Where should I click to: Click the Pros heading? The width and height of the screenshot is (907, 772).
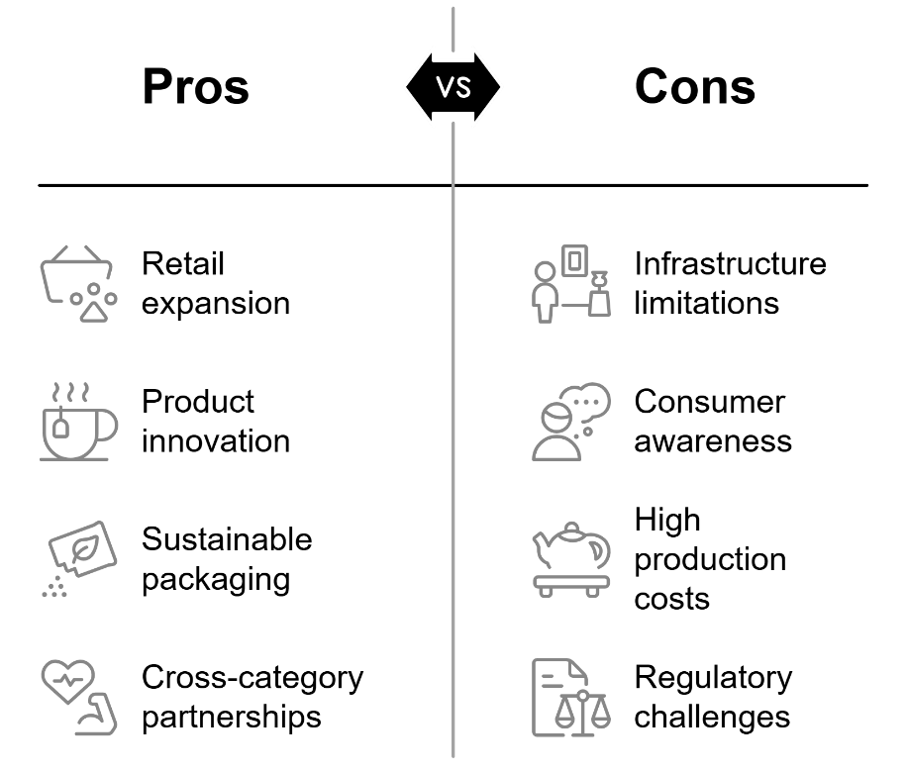[x=195, y=87]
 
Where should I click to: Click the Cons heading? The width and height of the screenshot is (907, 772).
[x=695, y=87]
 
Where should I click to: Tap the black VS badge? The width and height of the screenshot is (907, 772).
[x=453, y=87]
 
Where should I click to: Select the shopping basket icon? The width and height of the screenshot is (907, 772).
[x=78, y=283]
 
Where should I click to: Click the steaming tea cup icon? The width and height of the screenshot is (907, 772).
[x=78, y=421]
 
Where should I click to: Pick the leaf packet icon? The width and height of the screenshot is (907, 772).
[x=79, y=558]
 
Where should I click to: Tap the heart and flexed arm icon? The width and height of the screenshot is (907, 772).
[x=78, y=698]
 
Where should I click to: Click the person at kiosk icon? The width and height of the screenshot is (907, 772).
[x=571, y=283]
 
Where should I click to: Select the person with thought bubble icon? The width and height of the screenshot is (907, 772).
[x=571, y=421]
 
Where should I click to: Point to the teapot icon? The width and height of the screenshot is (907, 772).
[x=571, y=559]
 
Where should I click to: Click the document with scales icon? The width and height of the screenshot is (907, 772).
[x=571, y=698]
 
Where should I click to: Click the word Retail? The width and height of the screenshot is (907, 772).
[x=183, y=263]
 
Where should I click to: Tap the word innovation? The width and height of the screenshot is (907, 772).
[x=216, y=441]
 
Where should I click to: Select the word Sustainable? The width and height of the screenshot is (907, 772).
[x=228, y=539]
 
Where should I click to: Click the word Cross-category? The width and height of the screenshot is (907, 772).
[x=252, y=678]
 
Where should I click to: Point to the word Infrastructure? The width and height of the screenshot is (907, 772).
[x=731, y=263]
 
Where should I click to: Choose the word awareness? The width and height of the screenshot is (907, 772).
[x=713, y=441]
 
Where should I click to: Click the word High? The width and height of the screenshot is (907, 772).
[x=667, y=521]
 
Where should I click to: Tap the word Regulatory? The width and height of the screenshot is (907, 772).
[x=713, y=678]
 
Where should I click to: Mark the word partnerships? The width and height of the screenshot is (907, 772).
[x=232, y=718]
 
